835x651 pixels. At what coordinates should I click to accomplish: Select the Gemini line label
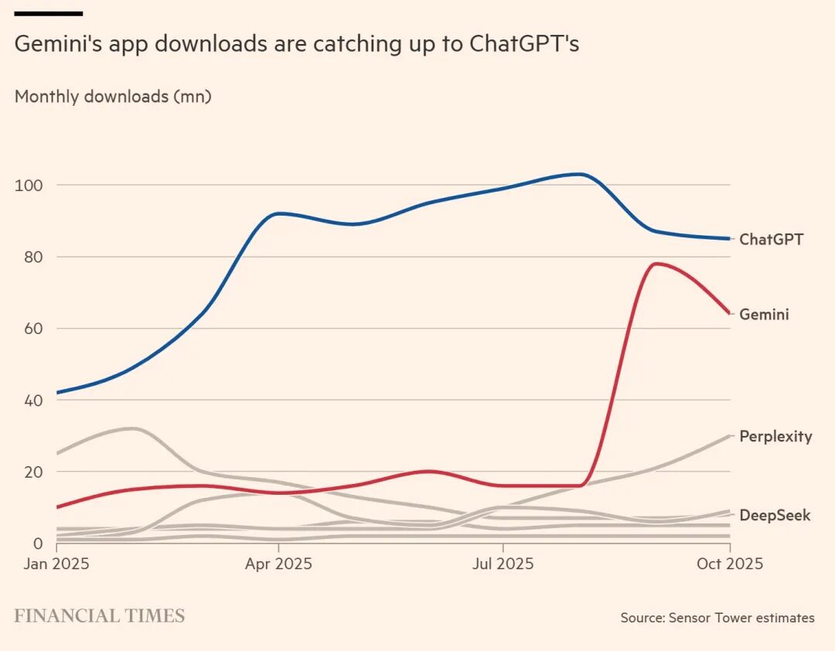click(764, 315)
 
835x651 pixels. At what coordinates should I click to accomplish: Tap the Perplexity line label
click(775, 436)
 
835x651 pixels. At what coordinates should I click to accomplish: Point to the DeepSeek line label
click(775, 515)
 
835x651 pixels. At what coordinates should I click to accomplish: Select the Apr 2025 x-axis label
click(278, 564)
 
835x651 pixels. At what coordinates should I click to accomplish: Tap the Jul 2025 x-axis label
click(503, 564)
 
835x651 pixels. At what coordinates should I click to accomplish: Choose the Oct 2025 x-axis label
click(730, 564)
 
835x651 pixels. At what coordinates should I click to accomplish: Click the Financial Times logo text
click(100, 616)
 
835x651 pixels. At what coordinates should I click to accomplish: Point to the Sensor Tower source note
click(717, 618)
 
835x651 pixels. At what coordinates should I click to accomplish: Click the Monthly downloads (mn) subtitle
click(113, 97)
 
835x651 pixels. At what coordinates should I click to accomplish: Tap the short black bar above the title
click(49, 13)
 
